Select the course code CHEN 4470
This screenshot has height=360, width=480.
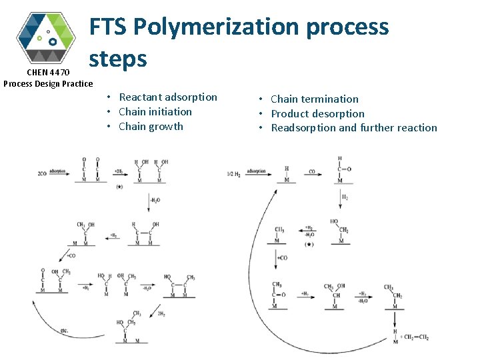pos(47,72)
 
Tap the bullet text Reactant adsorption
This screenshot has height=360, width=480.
pos(168,97)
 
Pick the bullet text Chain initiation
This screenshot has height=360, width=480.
pos(155,112)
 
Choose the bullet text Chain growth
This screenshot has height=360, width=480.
pos(151,127)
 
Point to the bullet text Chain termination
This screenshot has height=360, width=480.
pos(315,99)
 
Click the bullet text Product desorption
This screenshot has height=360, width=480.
pos(317,114)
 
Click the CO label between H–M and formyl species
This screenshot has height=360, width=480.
pos(312,171)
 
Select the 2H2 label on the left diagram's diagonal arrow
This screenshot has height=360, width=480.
pos(162,313)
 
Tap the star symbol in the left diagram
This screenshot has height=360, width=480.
pos(119,187)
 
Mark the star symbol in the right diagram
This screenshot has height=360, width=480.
pos(309,245)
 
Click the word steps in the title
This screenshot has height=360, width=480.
pos(118,59)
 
